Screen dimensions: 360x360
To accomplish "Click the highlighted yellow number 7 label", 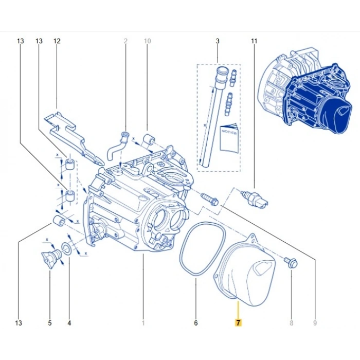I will (x=238, y=323).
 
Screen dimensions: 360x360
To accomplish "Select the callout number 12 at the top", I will (x=57, y=41).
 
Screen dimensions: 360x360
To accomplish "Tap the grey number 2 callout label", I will (x=124, y=41).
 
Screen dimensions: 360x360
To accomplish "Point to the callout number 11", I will (x=254, y=41).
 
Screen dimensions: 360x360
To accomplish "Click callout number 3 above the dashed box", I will (x=218, y=41).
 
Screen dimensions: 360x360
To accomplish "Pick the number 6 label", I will (x=195, y=323).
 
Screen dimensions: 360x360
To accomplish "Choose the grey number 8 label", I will (x=291, y=323).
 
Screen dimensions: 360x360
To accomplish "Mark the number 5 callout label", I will (x=50, y=323).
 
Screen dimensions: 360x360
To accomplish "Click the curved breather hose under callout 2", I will (x=118, y=147).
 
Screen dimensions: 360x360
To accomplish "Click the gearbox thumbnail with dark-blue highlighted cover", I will (x=306, y=95).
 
